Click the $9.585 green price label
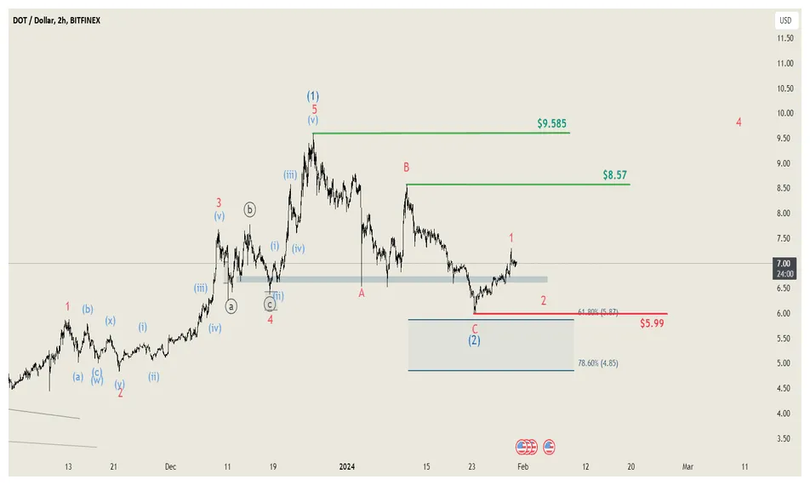(x=553, y=123)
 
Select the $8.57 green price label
(x=615, y=174)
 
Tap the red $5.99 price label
(x=652, y=323)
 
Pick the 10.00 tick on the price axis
(x=784, y=113)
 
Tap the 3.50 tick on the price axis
(x=784, y=438)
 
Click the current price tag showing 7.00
(x=784, y=264)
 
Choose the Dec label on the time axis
(x=170, y=466)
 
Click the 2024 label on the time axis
(x=346, y=466)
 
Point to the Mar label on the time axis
(x=687, y=466)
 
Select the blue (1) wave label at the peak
(x=313, y=96)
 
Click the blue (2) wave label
(x=475, y=340)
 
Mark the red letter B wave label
(x=407, y=168)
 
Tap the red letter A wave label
(x=362, y=293)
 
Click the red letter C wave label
(x=475, y=328)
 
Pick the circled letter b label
(x=250, y=209)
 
